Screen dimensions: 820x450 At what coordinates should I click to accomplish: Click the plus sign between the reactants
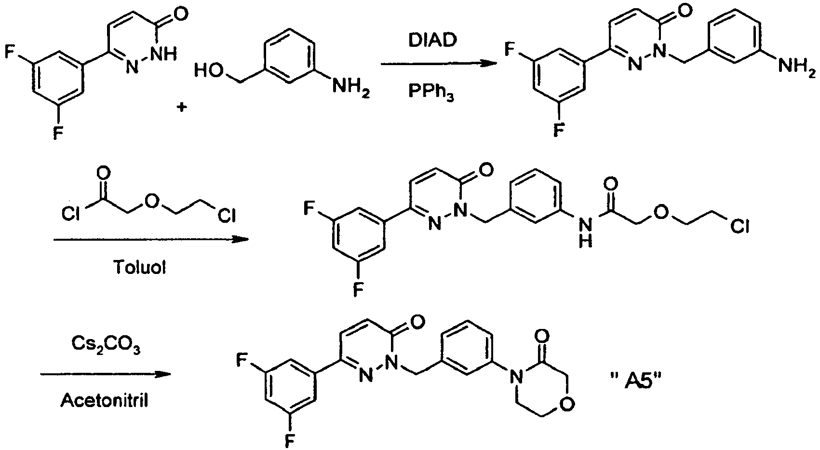(x=182, y=108)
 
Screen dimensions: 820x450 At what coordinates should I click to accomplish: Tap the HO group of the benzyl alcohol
(x=208, y=72)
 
